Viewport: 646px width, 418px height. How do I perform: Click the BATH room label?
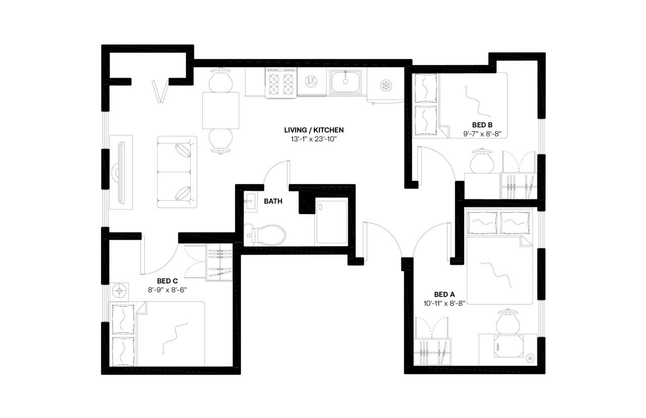(273, 201)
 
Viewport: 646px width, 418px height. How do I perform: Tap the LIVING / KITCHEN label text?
(314, 130)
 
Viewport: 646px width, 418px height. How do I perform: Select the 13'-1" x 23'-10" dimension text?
(314, 139)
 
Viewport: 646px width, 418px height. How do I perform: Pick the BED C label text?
(167, 281)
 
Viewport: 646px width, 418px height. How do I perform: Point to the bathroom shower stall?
(331, 222)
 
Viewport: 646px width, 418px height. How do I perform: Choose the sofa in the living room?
(177, 172)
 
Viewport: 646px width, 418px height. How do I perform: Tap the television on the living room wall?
(120, 172)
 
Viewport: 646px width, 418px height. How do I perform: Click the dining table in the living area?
(221, 111)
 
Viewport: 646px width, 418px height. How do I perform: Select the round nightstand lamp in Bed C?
(120, 290)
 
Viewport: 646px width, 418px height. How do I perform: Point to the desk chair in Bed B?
(480, 161)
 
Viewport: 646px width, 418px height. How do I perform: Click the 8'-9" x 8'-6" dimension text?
(167, 290)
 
